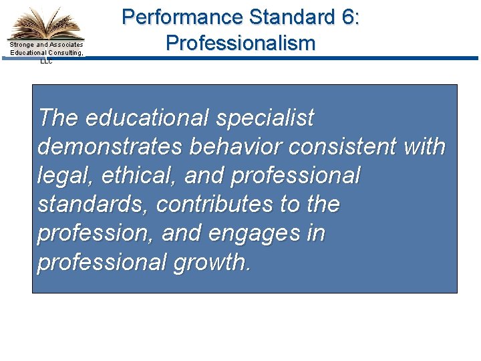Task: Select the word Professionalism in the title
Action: (x=240, y=43)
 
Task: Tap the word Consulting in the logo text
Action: (x=65, y=52)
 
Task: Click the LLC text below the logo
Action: (x=46, y=61)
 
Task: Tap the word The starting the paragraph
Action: (x=59, y=118)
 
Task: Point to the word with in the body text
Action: (x=424, y=147)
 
